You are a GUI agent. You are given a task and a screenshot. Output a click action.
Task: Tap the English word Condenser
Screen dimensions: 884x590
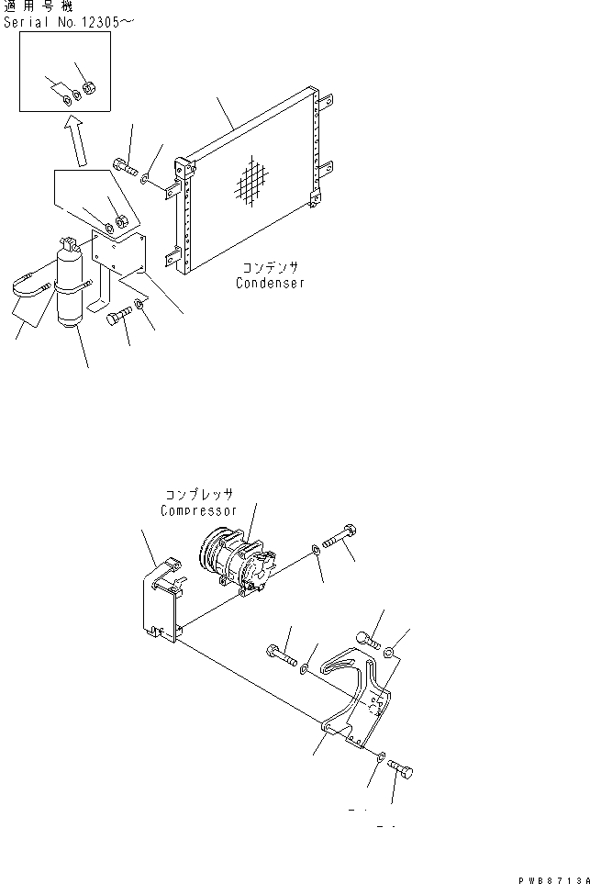[x=270, y=284]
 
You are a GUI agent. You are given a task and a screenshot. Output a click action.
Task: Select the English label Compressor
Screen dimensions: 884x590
[x=198, y=510]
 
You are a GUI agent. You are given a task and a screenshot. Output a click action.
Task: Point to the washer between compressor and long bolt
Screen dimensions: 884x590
[x=316, y=550]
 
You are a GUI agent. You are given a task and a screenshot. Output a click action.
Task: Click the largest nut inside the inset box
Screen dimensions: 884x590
[x=88, y=89]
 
